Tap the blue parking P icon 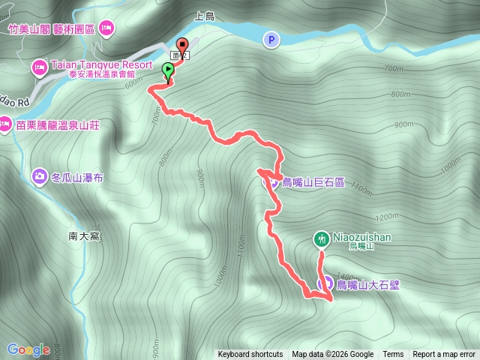[x=270, y=39]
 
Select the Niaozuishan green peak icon [x=321, y=238]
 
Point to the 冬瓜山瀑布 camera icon [x=38, y=176]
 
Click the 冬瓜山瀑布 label [x=77, y=177]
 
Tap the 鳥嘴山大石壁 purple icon [x=326, y=283]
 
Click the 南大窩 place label [x=83, y=236]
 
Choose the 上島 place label [x=204, y=15]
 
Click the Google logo [x=28, y=349]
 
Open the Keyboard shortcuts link [x=250, y=355]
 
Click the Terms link [x=393, y=355]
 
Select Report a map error [x=444, y=355]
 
